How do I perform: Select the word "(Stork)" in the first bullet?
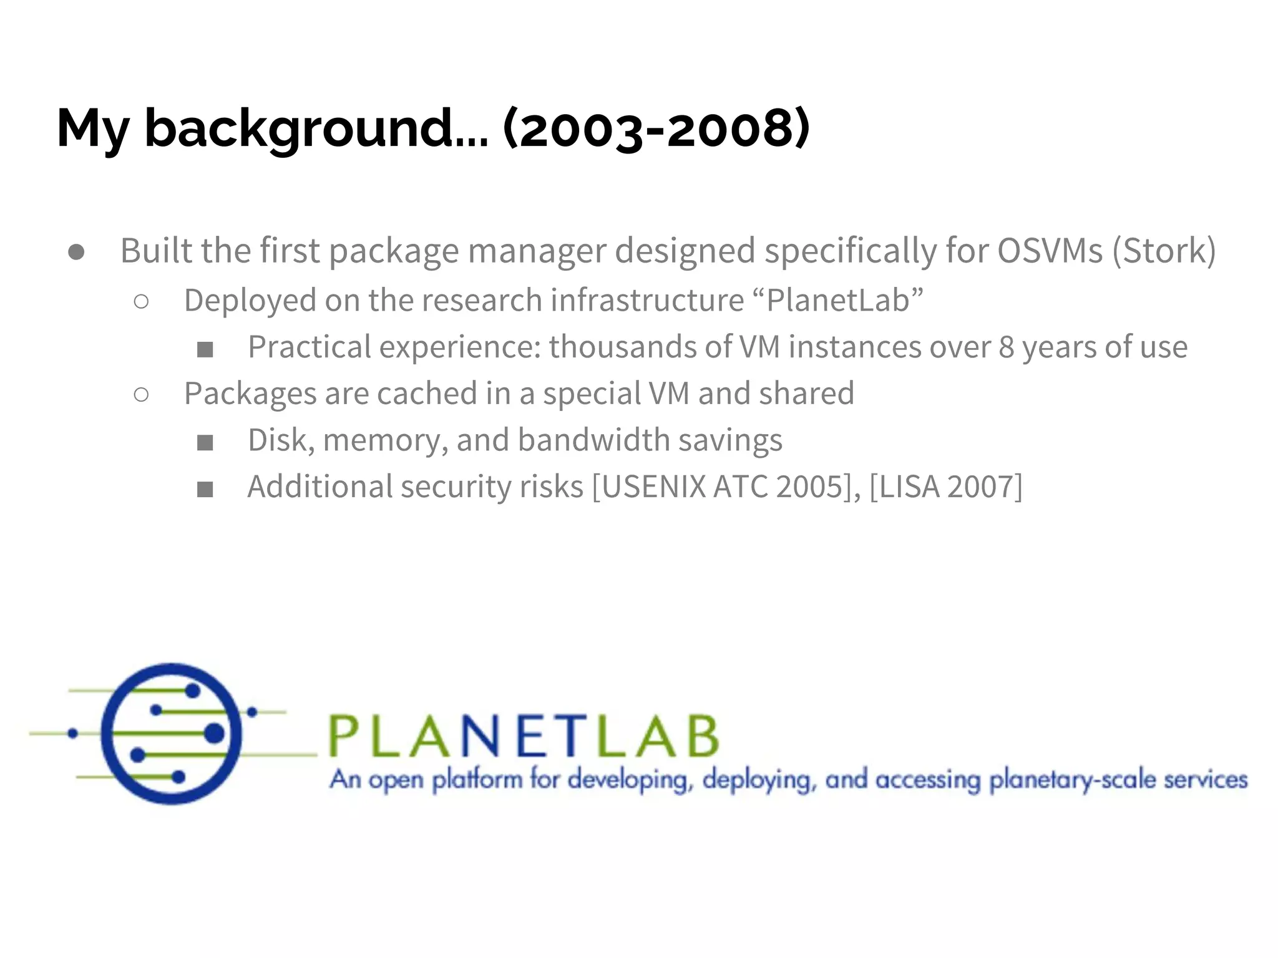click(x=1164, y=251)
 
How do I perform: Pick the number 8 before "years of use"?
click(x=1007, y=347)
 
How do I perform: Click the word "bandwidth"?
click(x=593, y=440)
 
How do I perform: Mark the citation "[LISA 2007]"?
click(x=946, y=487)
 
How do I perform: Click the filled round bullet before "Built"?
click(x=77, y=252)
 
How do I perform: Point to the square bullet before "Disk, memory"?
click(x=205, y=443)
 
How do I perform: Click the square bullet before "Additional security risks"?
click(x=205, y=490)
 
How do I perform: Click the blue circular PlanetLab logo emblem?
click(x=172, y=733)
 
